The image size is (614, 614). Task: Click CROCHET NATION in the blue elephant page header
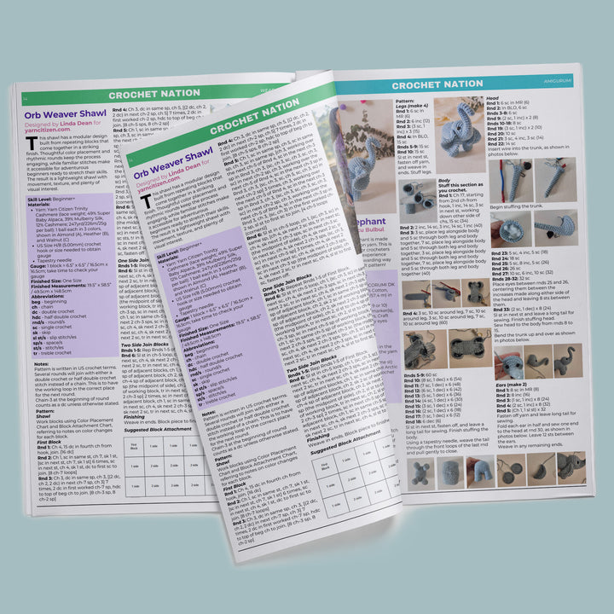pyautogui.click(x=437, y=84)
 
